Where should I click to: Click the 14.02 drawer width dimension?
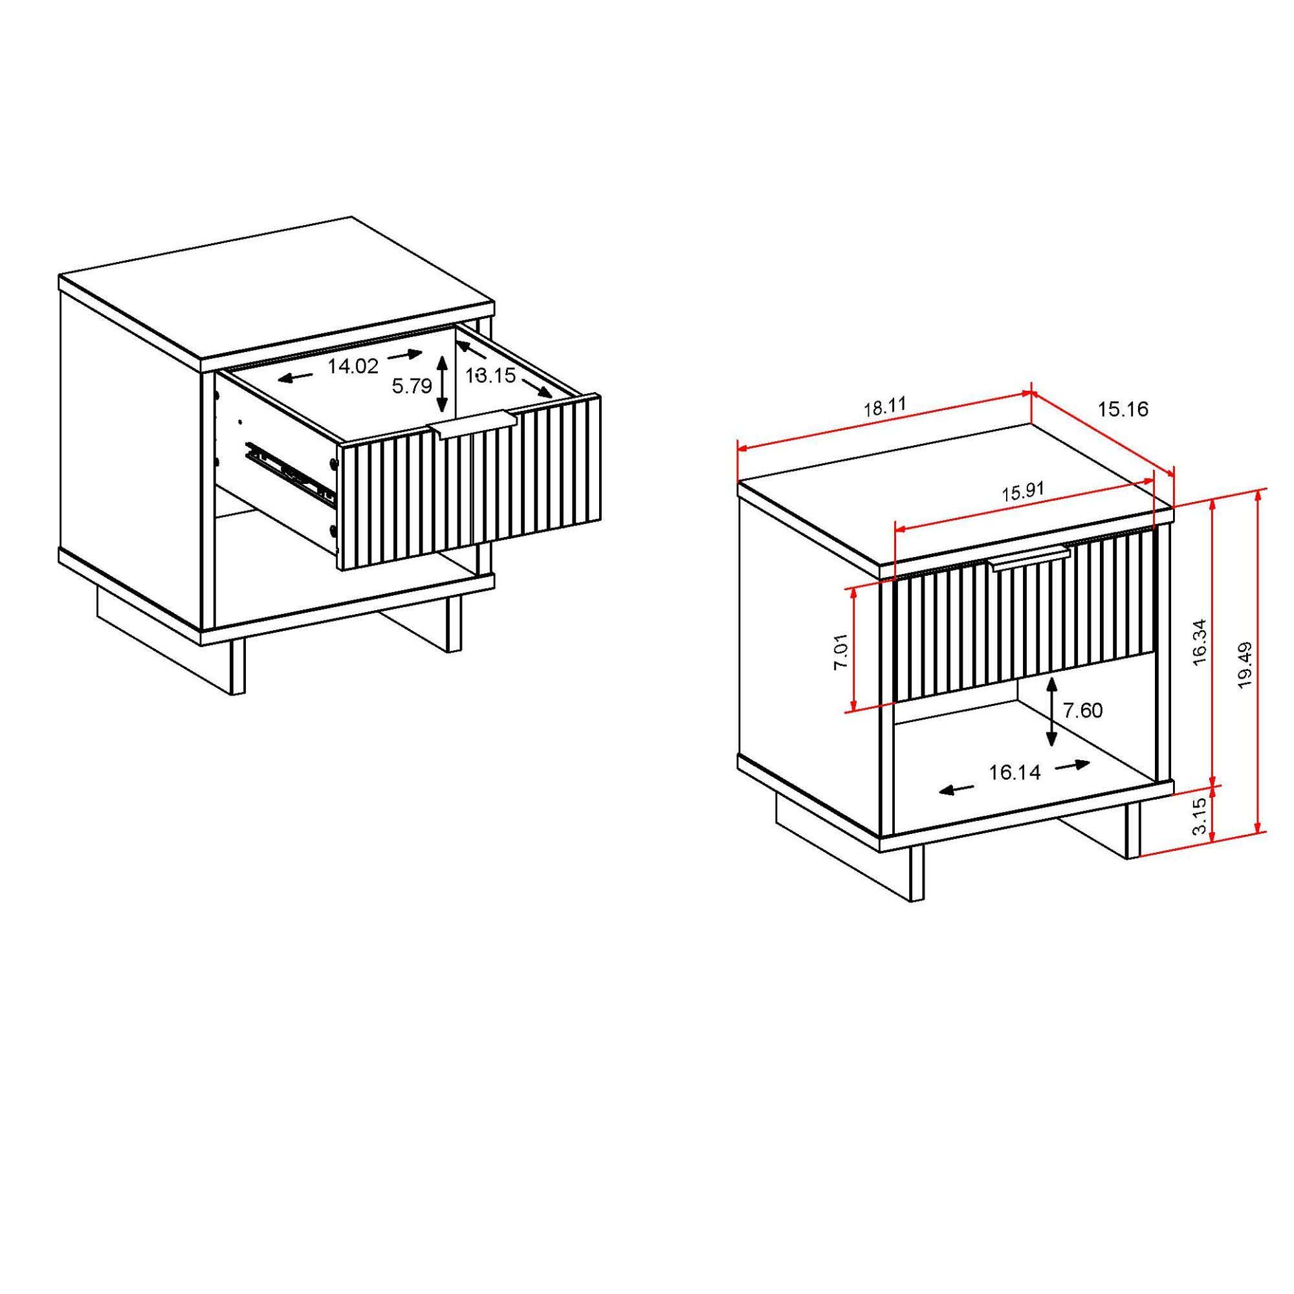click(353, 366)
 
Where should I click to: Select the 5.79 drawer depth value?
click(412, 386)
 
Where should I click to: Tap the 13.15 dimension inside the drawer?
click(491, 375)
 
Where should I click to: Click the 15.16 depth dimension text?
click(1123, 408)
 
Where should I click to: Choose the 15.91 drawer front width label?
click(1023, 493)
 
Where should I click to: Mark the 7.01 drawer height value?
click(841, 651)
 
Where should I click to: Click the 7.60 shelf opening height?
click(1082, 710)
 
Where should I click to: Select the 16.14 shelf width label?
click(1014, 773)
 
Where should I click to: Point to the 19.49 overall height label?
click(1244, 665)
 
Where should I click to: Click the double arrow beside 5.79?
click(441, 383)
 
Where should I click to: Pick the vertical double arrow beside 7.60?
click(1051, 710)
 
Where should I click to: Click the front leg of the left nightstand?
click(236, 667)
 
